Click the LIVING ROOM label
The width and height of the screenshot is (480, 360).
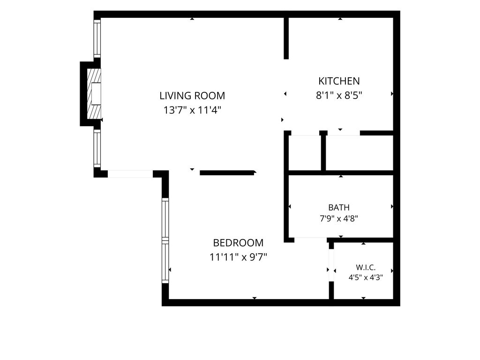[x=192, y=96]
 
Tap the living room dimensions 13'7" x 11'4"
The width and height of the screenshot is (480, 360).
[x=192, y=110]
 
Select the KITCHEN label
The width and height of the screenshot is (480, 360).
[x=339, y=81]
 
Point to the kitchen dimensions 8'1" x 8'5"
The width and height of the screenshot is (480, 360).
[x=339, y=96]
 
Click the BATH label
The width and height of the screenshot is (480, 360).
[x=339, y=208]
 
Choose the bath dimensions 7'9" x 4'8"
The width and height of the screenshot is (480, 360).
[x=339, y=218]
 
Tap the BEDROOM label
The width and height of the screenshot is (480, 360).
[x=238, y=243]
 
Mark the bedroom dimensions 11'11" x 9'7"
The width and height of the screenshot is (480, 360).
[x=238, y=257]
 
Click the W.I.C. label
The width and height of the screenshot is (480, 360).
[x=366, y=268]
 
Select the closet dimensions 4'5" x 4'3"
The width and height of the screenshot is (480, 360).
[x=366, y=277]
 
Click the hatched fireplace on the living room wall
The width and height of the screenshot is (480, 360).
[x=94, y=94]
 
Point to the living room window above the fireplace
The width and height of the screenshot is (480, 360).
[x=97, y=38]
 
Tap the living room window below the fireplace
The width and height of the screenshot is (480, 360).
[x=97, y=149]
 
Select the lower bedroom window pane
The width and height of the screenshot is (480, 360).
[x=165, y=262]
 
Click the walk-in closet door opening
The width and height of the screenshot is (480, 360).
[x=331, y=265]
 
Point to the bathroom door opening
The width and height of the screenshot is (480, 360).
[x=311, y=238]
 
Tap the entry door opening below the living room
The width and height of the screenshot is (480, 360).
[x=130, y=174]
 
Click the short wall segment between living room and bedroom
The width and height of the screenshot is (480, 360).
[x=228, y=173]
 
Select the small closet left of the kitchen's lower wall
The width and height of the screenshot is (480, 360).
[x=305, y=152]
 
